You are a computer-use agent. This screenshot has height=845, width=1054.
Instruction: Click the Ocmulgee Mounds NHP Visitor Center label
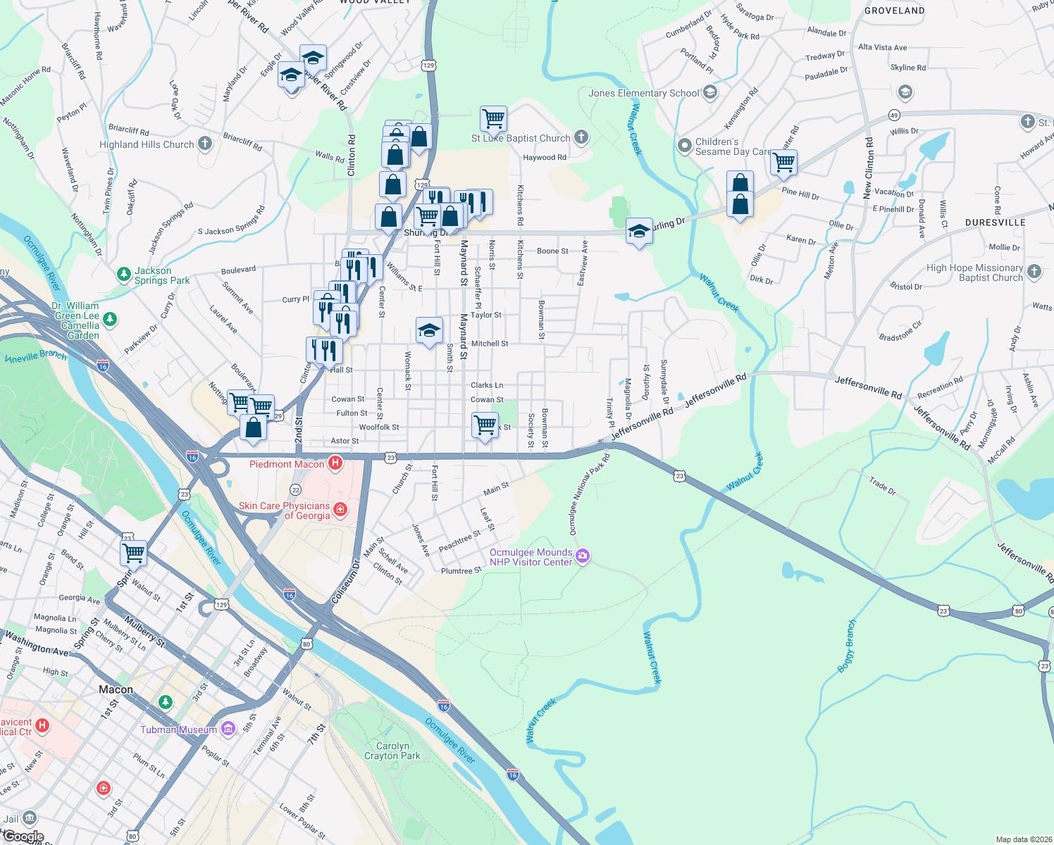(x=531, y=557)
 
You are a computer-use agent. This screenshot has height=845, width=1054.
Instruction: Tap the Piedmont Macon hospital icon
(x=335, y=463)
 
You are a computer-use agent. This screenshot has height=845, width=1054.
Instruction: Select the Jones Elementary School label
(x=643, y=93)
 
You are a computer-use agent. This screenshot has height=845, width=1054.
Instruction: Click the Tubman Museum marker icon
(x=228, y=729)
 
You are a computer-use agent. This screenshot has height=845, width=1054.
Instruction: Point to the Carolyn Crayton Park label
(x=392, y=751)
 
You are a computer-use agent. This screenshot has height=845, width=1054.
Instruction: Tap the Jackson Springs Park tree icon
(x=124, y=273)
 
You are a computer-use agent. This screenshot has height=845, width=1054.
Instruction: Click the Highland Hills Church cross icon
(x=205, y=144)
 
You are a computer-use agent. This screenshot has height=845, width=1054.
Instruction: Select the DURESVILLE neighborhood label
(x=995, y=223)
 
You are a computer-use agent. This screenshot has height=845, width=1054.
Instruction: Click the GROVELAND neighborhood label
(x=894, y=11)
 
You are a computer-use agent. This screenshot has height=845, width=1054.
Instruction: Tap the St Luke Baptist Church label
(x=521, y=138)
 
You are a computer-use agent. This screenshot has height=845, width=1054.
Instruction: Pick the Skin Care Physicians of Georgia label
(x=285, y=511)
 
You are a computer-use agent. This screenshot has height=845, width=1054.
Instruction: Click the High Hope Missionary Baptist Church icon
(x=1034, y=271)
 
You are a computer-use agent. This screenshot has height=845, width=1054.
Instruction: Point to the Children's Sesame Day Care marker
(x=684, y=146)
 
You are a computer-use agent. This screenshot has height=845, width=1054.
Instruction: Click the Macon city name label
(x=116, y=689)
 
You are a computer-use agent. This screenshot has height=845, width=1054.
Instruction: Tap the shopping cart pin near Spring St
(x=133, y=553)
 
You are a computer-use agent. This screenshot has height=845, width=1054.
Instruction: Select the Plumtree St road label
(x=461, y=570)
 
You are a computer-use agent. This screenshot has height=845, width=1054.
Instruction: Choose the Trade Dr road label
(x=882, y=485)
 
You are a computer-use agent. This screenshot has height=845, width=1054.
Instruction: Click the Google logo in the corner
(x=23, y=837)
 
